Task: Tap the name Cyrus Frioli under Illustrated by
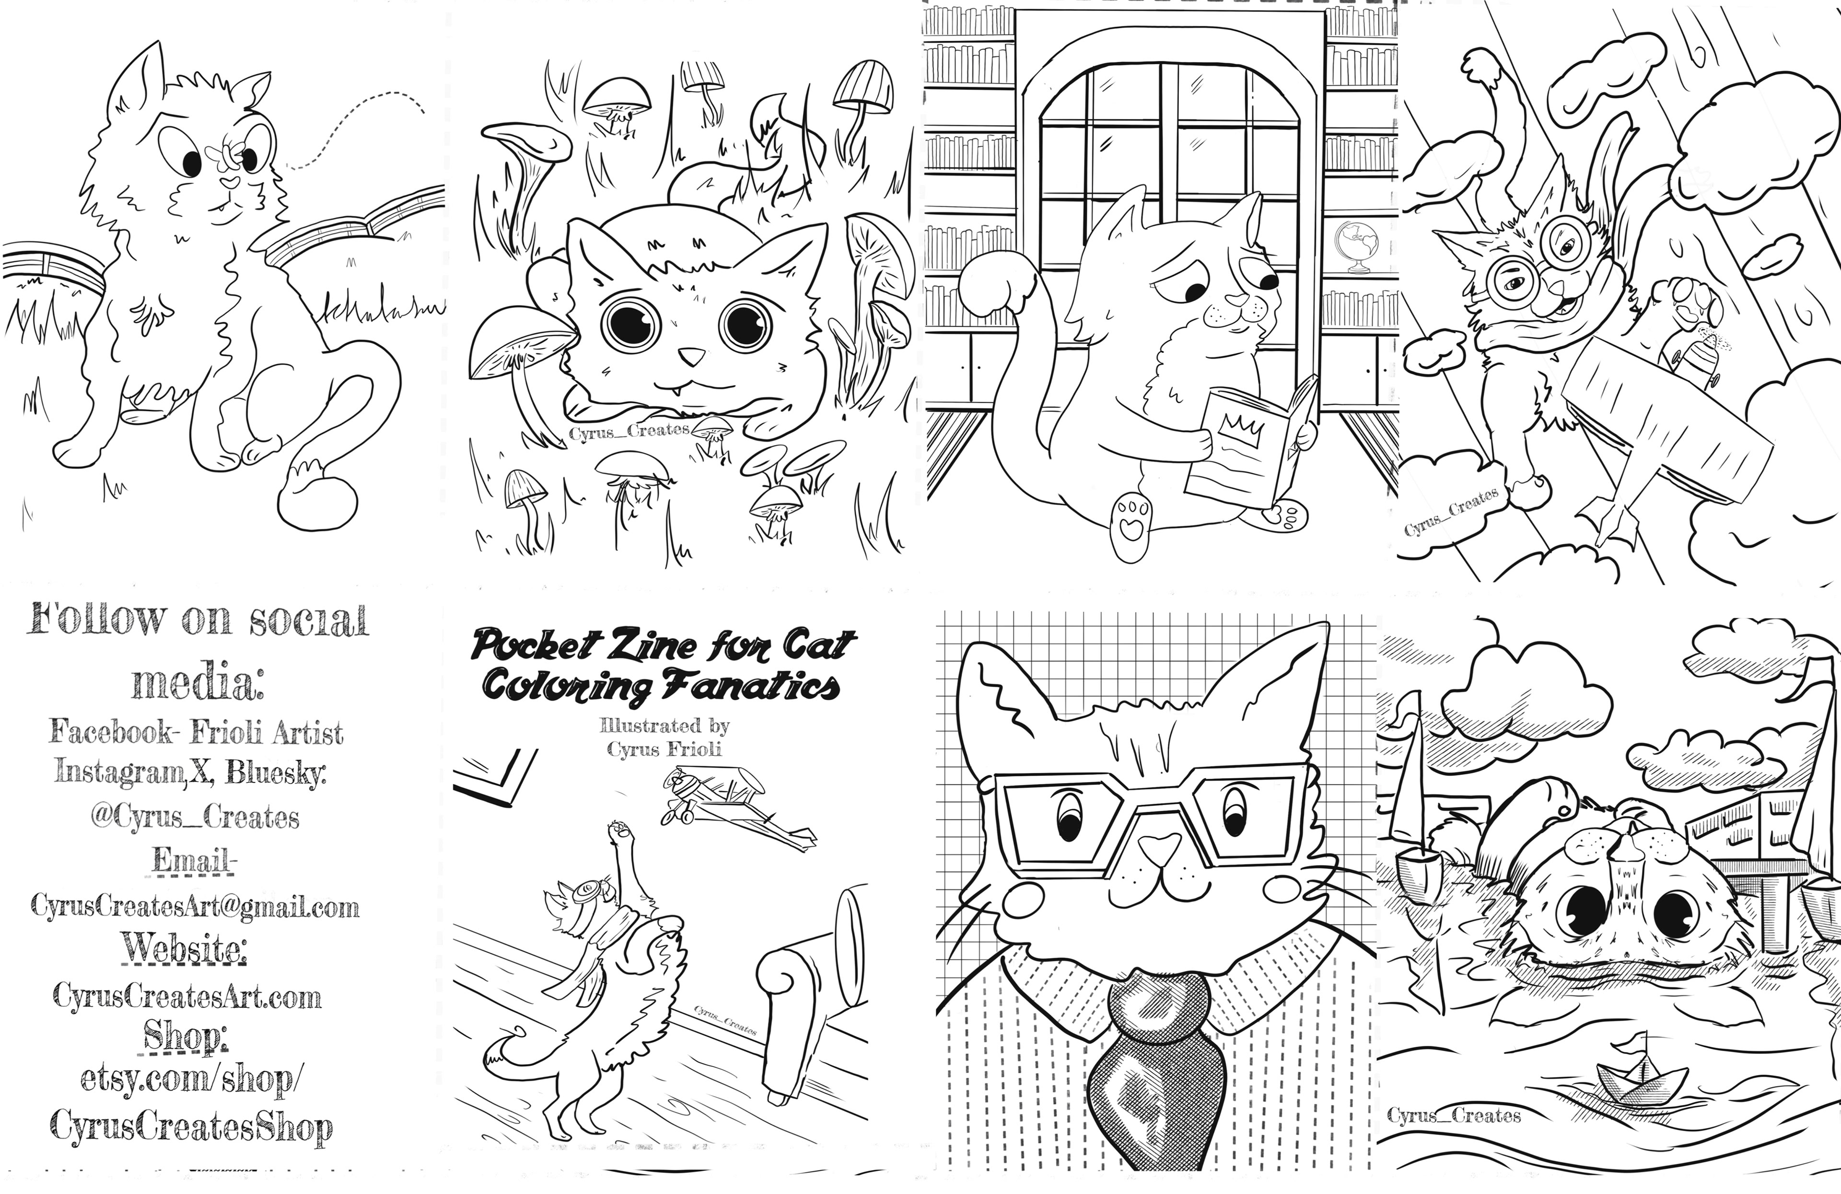coord(664,749)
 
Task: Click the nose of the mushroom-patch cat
coord(691,356)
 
